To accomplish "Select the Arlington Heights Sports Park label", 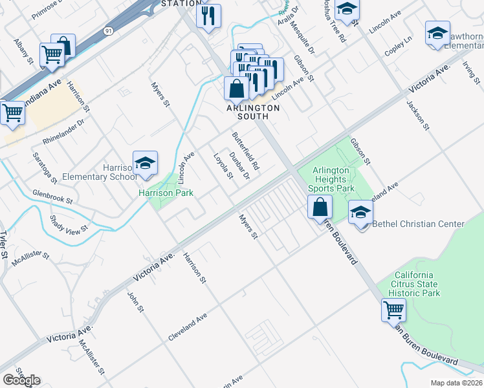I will (333, 179).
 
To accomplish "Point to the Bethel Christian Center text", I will (418, 224).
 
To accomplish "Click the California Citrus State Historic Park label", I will (417, 284).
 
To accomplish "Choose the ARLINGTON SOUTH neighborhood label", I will (253, 108).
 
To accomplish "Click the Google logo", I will (21, 380).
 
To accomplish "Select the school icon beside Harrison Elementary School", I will (146, 164).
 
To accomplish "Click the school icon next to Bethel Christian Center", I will (360, 212).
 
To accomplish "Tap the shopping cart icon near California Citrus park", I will (393, 310).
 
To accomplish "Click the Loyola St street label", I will (223, 166).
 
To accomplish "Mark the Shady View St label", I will (68, 223).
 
